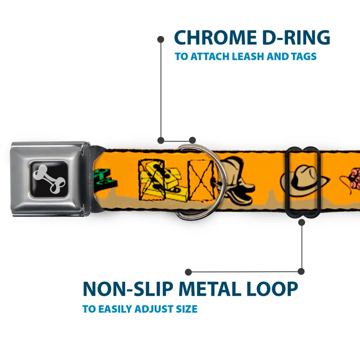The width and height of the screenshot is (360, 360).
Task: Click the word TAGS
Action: pos(304,57)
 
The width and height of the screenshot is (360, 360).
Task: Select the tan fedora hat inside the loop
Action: pos(304,179)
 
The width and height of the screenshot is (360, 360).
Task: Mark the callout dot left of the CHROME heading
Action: pos(161,39)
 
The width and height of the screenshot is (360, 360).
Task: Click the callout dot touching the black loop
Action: pos(301,222)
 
